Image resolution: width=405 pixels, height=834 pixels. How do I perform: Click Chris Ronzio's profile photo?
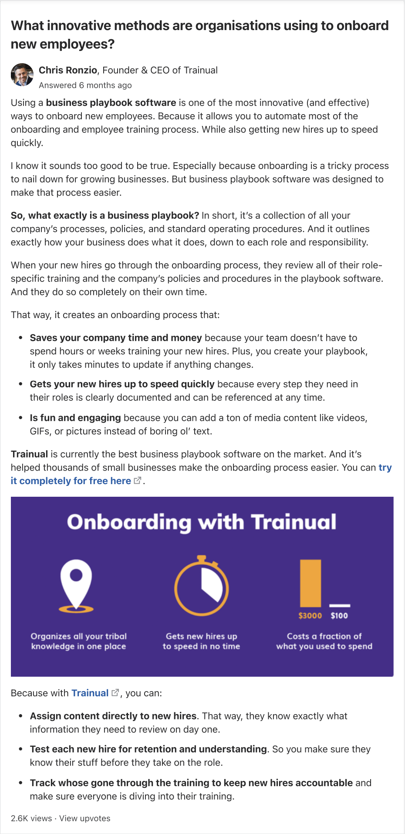[x=22, y=75]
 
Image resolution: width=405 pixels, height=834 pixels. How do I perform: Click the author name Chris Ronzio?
[x=68, y=70]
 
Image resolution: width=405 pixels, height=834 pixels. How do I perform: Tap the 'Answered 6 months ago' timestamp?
[x=85, y=85]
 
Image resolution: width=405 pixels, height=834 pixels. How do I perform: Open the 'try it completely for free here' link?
[x=71, y=481]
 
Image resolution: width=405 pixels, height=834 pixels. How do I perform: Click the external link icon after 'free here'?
[x=138, y=480]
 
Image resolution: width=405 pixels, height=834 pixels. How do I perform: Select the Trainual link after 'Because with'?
[x=90, y=693]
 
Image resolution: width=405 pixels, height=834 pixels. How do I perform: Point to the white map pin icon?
[x=76, y=584]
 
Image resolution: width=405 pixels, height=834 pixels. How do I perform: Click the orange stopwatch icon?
[x=201, y=586]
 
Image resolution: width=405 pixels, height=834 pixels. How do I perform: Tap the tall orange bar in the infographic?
[x=310, y=583]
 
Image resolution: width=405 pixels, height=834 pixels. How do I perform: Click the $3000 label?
[x=310, y=616]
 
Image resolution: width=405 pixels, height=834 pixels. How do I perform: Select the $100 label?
[x=339, y=616]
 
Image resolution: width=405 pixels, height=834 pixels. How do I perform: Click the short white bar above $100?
[x=340, y=605]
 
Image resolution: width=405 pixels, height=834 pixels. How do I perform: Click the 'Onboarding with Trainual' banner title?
[x=202, y=522]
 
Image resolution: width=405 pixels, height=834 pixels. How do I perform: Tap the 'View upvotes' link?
[x=85, y=818]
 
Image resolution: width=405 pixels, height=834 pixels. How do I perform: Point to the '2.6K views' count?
[x=31, y=818]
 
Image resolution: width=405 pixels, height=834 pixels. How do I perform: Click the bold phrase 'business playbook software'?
[x=111, y=103]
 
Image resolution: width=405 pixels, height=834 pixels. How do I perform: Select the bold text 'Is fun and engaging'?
[x=75, y=418]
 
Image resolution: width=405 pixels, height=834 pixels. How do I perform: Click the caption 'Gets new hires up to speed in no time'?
[x=201, y=641]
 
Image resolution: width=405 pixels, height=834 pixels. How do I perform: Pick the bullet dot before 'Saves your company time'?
[x=20, y=338]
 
